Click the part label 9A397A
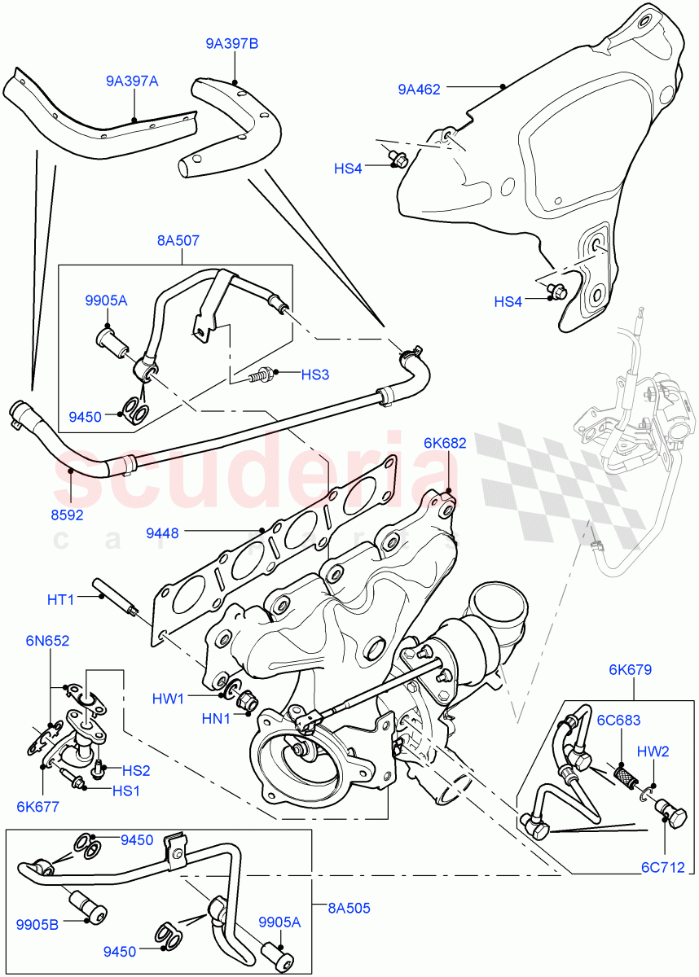[131, 81]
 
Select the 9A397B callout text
[231, 44]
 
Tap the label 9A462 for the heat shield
[419, 90]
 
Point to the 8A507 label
[178, 240]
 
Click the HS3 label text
[315, 374]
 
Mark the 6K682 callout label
[445, 443]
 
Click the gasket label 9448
[163, 533]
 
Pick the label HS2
[136, 769]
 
